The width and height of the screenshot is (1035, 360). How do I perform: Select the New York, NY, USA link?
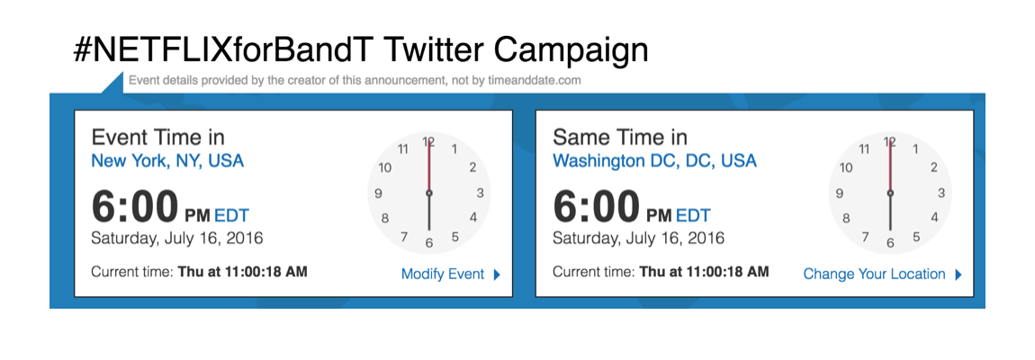(x=167, y=161)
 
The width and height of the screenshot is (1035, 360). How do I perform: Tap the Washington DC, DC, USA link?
(x=654, y=161)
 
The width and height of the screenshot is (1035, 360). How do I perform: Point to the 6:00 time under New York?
(x=135, y=207)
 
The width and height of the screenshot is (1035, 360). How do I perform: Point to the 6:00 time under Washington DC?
(x=596, y=207)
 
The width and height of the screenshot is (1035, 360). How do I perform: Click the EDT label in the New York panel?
(x=231, y=215)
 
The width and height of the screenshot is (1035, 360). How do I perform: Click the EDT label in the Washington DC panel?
(x=693, y=215)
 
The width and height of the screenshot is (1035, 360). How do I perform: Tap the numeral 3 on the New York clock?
(x=481, y=193)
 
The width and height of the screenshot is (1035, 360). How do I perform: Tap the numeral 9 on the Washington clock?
(x=840, y=193)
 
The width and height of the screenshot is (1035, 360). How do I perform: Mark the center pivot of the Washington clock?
(x=890, y=193)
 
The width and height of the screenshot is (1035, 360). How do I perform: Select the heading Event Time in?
(x=158, y=137)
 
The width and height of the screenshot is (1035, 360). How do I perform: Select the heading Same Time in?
(x=620, y=137)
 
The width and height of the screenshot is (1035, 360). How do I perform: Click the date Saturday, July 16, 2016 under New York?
(x=177, y=238)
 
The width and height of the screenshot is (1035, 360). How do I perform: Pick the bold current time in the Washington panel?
(x=704, y=271)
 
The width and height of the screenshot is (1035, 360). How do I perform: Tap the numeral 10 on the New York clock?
(x=385, y=167)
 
